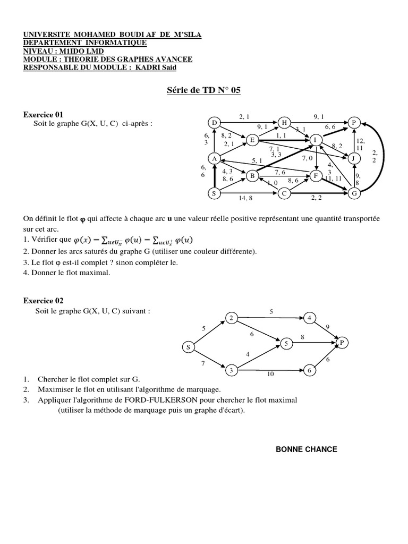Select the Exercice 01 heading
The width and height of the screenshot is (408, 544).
coord(43,114)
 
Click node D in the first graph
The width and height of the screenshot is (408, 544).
coord(215,123)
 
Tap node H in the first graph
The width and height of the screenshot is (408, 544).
coord(284,123)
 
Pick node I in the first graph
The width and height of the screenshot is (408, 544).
coord(315,140)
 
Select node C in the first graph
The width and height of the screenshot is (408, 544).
coord(284,194)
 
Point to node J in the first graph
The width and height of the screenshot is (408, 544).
coord(353,158)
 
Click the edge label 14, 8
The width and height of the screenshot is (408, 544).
coord(245,199)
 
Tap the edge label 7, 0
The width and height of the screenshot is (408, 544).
coord(307,158)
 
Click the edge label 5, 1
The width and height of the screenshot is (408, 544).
coord(258,160)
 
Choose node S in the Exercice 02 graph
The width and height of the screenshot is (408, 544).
coord(188,347)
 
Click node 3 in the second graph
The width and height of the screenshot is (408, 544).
coord(232,370)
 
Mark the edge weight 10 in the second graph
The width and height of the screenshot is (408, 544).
coord(270,375)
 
